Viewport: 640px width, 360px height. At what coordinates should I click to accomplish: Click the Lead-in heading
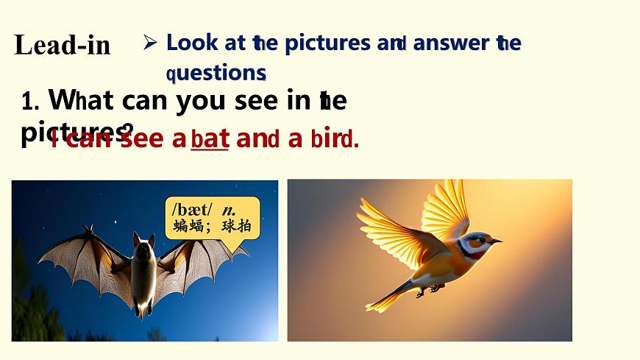click(x=62, y=46)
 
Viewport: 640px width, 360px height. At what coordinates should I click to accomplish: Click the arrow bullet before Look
click(x=149, y=43)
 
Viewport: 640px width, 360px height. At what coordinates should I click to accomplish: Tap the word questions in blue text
click(x=216, y=73)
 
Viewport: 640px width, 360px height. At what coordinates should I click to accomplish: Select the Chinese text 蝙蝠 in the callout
click(x=189, y=226)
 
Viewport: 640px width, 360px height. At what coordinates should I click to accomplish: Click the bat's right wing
click(x=202, y=261)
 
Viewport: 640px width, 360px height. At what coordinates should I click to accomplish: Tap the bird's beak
click(x=497, y=240)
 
